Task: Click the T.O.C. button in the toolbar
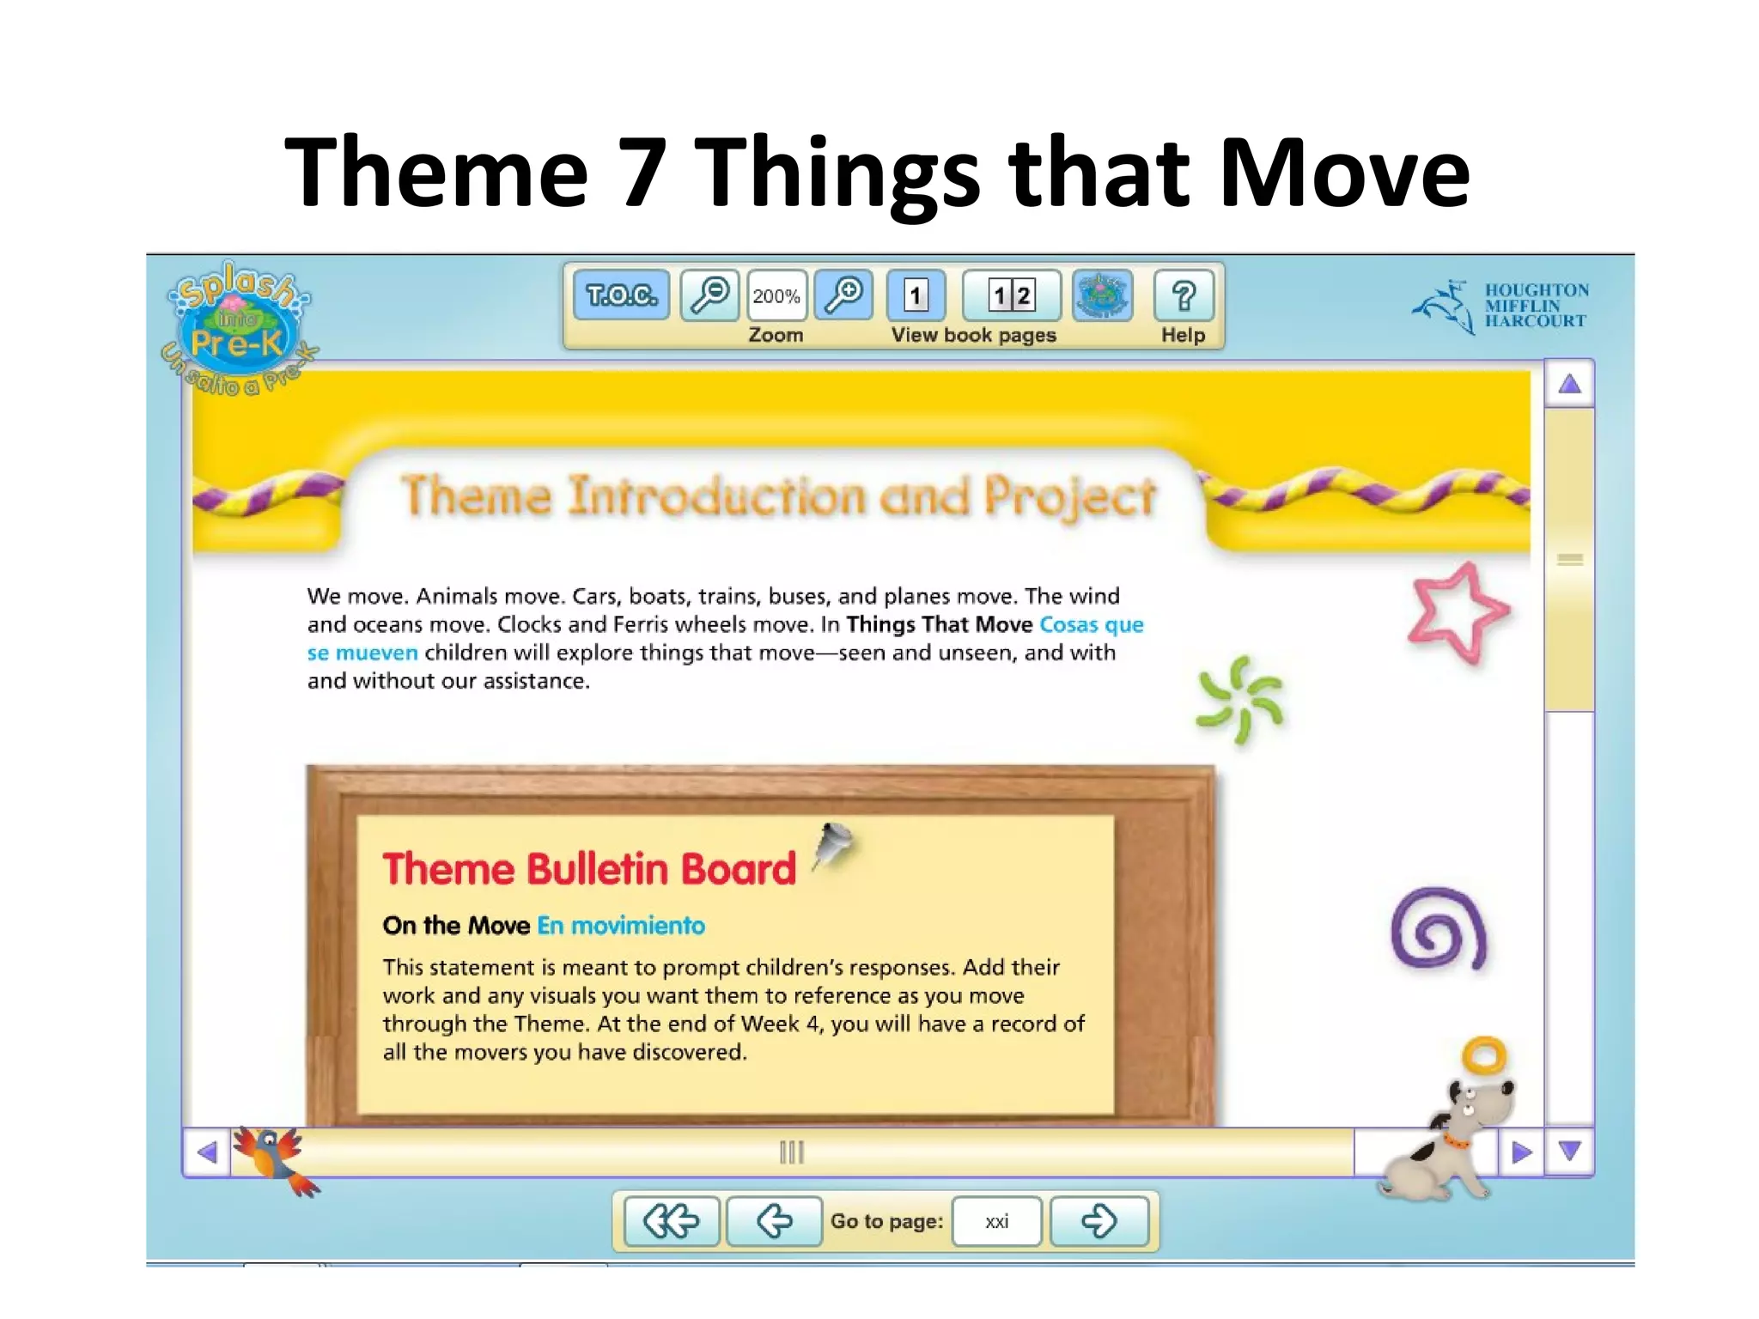(621, 295)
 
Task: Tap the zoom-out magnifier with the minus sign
(709, 295)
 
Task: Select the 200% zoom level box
(776, 295)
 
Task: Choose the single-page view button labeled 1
(916, 295)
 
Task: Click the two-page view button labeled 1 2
(1011, 295)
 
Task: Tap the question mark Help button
(1184, 295)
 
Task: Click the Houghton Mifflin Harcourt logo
(1500, 307)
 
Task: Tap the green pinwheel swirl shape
(1240, 698)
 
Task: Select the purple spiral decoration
(1438, 929)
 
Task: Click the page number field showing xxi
(997, 1221)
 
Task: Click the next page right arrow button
(1099, 1221)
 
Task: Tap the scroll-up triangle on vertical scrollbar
(1569, 384)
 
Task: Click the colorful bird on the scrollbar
(274, 1158)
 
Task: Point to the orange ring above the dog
(1484, 1055)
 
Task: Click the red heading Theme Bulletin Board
(589, 869)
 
